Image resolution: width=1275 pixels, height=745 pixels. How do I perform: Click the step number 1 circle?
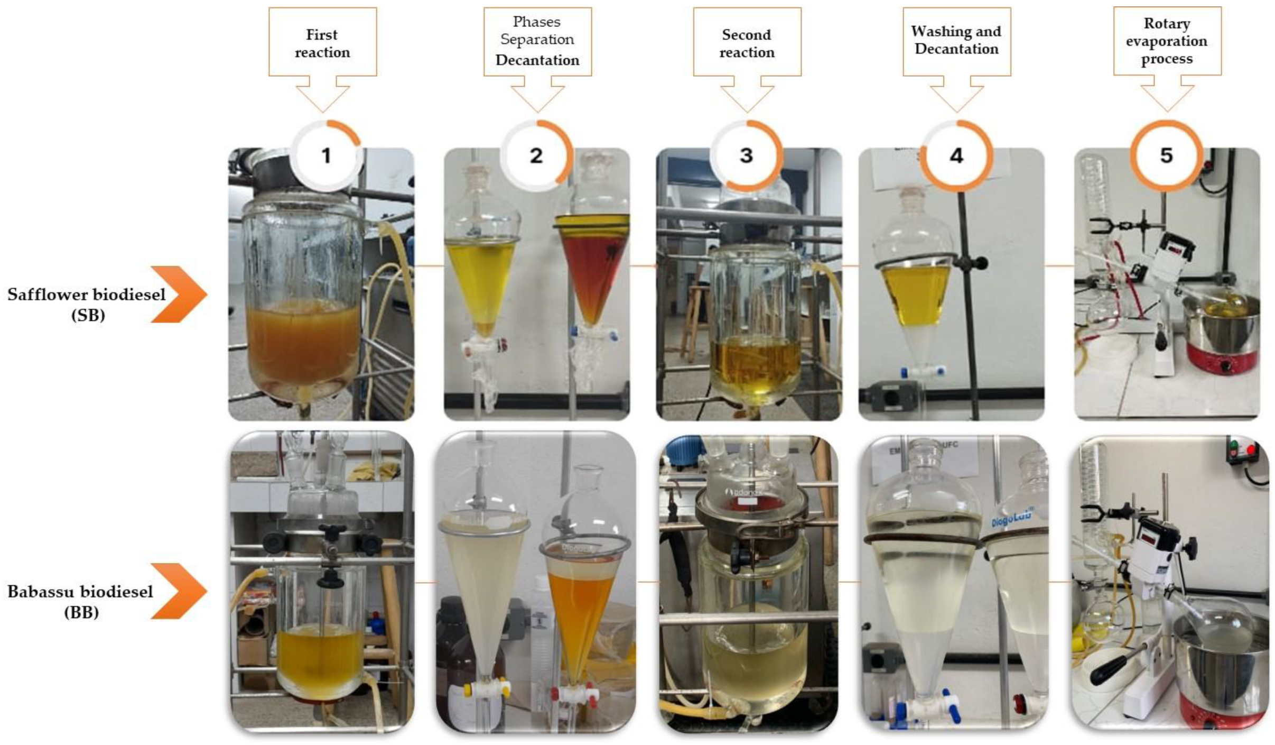point(326,155)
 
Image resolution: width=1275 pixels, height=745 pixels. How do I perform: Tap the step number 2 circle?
point(536,155)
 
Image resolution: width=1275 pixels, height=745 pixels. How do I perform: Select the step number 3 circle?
point(746,155)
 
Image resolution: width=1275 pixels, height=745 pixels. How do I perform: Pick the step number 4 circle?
point(956,155)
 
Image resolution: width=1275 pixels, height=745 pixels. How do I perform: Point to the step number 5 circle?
point(1166,155)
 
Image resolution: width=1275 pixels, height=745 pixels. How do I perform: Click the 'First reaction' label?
point(322,43)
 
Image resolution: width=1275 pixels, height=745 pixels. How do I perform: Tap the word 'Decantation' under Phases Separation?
point(537,60)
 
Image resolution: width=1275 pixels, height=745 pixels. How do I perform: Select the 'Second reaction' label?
point(747,43)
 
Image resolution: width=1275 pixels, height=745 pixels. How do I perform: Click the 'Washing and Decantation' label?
point(956,40)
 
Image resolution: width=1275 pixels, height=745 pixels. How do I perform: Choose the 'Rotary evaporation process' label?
point(1167,41)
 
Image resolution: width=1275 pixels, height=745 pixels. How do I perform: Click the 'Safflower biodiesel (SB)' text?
point(87,304)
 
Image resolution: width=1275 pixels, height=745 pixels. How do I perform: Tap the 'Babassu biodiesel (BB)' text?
point(80,601)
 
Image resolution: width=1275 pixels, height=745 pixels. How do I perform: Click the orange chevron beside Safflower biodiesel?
point(180,295)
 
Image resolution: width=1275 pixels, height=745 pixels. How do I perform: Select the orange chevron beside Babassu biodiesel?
point(180,591)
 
